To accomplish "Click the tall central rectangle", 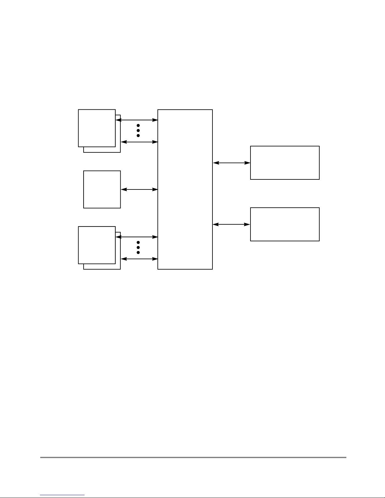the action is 185,189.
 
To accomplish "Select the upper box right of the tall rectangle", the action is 285,163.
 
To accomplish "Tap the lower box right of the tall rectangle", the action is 285,224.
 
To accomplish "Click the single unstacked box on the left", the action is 102,189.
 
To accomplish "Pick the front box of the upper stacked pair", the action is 96,128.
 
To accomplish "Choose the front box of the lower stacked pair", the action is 96,245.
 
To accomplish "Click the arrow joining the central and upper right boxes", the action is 232,163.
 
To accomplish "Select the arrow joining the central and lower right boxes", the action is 232,224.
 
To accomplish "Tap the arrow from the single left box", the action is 139,189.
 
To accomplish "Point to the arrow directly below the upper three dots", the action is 139,142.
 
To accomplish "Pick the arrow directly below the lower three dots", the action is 139,259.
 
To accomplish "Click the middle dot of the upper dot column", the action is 138,130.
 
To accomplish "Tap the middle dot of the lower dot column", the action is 138,248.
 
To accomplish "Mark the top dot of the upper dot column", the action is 138,125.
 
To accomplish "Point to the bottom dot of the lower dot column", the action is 138,253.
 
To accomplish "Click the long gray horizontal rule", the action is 193,457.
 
